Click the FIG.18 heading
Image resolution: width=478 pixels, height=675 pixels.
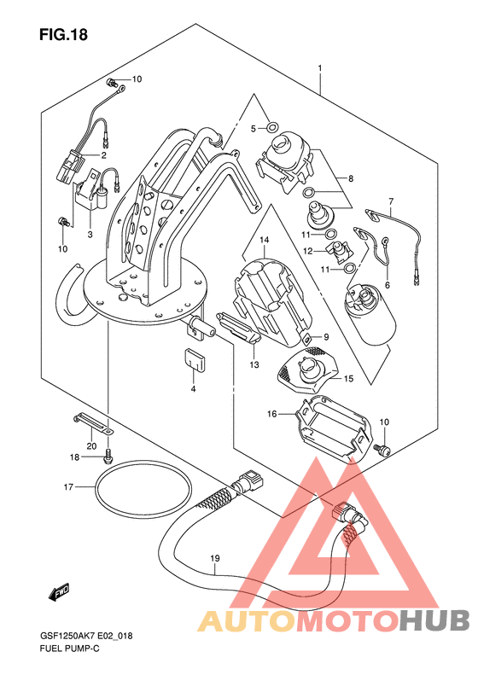[63, 34]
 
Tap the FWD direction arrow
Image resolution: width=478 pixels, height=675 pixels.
[59, 592]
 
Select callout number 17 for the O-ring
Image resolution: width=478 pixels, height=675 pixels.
[69, 487]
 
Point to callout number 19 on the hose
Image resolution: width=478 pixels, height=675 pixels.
[215, 558]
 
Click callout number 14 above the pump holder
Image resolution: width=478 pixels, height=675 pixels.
[264, 239]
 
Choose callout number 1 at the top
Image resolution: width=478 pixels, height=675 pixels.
[320, 68]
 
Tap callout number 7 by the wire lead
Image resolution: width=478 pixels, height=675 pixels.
[391, 201]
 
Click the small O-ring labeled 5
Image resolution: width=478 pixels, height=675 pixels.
[272, 127]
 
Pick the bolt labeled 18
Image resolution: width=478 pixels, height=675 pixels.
[108, 456]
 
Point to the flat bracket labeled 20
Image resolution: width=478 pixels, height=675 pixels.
[92, 423]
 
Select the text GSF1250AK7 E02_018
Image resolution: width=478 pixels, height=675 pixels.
[86, 635]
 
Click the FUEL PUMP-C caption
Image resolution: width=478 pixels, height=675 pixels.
[70, 649]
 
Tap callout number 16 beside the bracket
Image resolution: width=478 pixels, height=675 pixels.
[271, 414]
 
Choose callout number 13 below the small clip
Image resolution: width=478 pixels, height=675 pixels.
[254, 365]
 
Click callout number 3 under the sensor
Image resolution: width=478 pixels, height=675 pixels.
[90, 235]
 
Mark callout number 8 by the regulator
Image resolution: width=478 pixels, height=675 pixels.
[351, 178]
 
